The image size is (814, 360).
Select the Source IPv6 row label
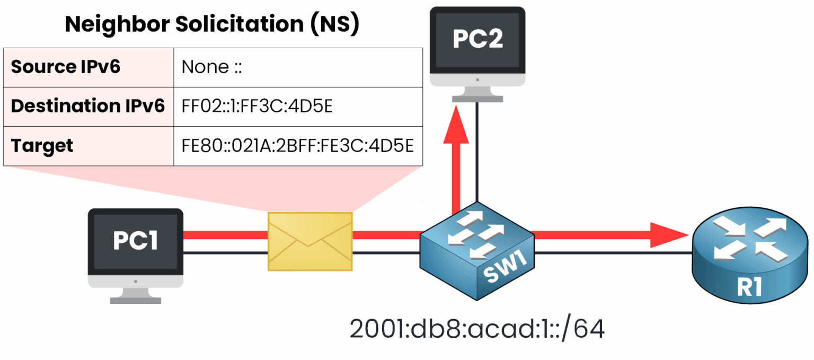click(x=65, y=67)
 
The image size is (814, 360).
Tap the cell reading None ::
click(x=212, y=67)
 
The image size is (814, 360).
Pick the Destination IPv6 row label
click(x=88, y=106)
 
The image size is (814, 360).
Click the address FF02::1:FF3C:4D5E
click(x=257, y=106)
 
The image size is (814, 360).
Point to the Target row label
click(x=42, y=145)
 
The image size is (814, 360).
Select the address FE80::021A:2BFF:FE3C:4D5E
click(x=297, y=145)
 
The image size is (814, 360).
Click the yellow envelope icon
click(x=310, y=241)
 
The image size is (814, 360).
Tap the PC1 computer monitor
click(x=135, y=241)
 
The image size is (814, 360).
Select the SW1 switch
click(x=477, y=249)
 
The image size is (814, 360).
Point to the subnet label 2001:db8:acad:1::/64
click(x=477, y=329)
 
